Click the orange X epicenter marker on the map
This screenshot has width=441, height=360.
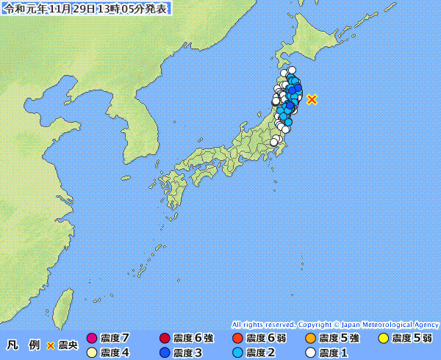[312, 98]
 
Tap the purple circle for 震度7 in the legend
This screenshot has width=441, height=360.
[92, 339]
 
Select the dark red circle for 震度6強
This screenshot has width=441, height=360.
[165, 339]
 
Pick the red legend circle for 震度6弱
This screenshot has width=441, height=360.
[237, 339]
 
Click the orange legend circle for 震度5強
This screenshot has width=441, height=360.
[310, 339]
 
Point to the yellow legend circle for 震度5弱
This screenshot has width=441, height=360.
[383, 339]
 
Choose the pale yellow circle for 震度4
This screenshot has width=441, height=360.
[92, 353]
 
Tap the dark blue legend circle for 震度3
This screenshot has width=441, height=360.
[165, 353]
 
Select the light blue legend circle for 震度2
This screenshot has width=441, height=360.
[237, 353]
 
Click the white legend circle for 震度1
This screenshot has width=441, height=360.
[310, 353]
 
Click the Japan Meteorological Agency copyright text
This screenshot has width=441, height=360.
[335, 324]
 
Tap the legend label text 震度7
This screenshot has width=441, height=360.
[115, 339]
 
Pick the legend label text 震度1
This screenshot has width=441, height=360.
[333, 353]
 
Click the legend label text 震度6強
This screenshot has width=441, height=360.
[193, 339]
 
